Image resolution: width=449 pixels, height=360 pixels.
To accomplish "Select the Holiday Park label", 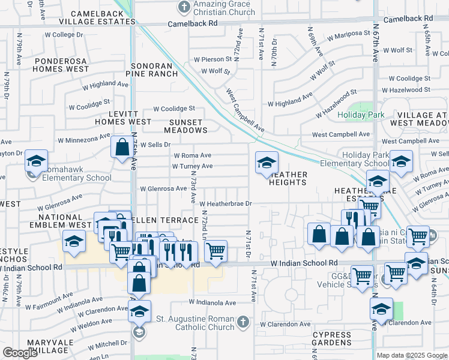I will pos(361,115).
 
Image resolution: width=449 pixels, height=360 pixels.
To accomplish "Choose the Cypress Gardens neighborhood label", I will pos(332,339).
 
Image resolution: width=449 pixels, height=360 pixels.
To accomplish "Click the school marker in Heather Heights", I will pos(266,163).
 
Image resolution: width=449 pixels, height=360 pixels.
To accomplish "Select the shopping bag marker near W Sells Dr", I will pos(122,148).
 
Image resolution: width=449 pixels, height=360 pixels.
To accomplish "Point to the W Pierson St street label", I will pos(212,59).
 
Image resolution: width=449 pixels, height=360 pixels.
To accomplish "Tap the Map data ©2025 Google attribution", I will pos(411,355).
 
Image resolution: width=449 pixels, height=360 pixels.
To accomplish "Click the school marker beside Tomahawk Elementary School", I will pos(36,162).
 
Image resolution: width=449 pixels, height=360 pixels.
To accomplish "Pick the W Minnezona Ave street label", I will pos(84,140).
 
